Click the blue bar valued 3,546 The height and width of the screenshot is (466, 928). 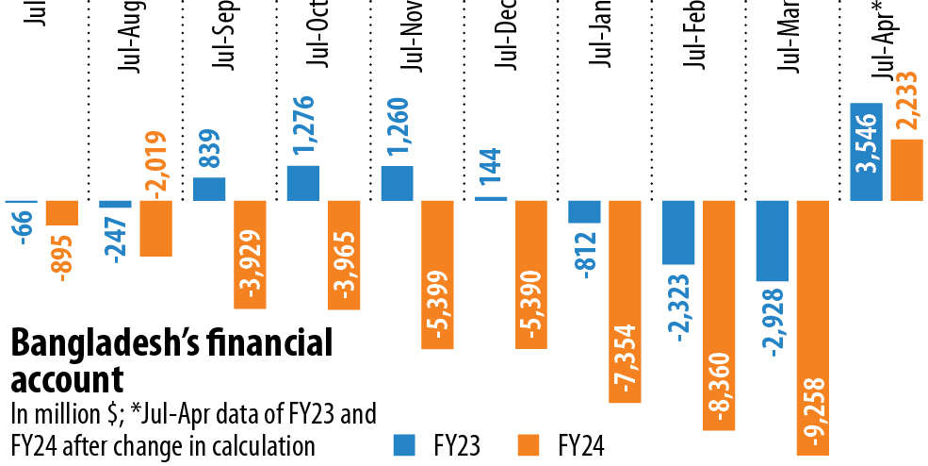pos(866,151)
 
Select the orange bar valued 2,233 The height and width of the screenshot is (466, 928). pos(908,170)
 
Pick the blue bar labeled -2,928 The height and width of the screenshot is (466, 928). pos(773,240)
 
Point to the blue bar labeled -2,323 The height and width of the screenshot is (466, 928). pos(678,232)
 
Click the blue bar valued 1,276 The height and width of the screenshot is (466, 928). pos(302,182)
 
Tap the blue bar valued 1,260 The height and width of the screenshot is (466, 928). pos(397,183)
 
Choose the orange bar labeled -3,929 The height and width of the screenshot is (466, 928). pos(251,254)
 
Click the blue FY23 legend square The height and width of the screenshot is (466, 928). pos(404,442)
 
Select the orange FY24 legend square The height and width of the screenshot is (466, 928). pos(528,442)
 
